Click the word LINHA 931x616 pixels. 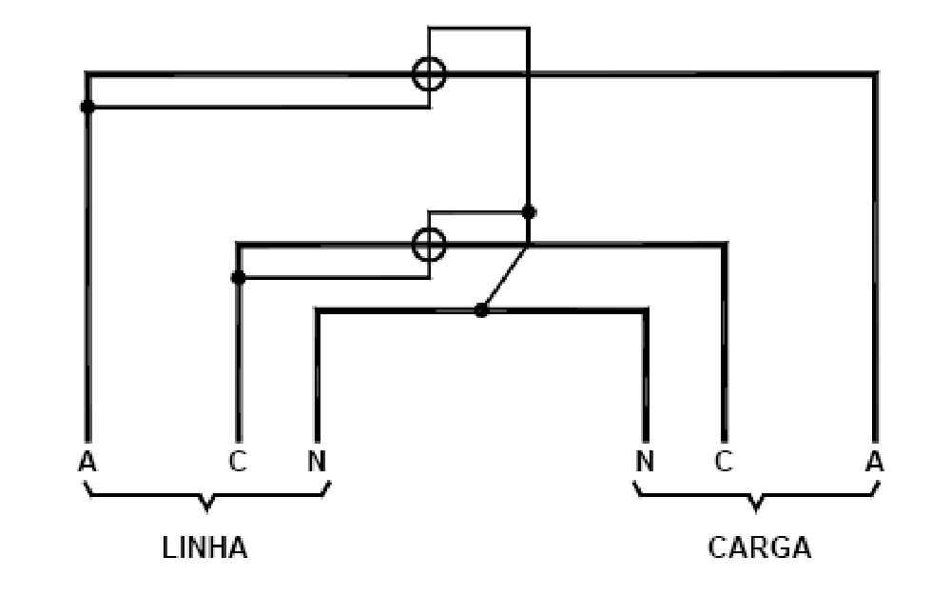pyautogui.click(x=204, y=547)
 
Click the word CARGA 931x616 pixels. pyautogui.click(x=760, y=547)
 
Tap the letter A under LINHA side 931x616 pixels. pyautogui.click(x=87, y=462)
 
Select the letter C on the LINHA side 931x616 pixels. pyautogui.click(x=238, y=462)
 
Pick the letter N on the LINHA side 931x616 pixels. pyautogui.click(x=317, y=462)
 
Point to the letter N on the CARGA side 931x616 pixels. pyautogui.click(x=645, y=462)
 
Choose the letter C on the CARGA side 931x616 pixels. pyautogui.click(x=723, y=462)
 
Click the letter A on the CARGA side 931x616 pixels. pyautogui.click(x=875, y=462)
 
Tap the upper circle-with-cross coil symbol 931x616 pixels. pyautogui.click(x=429, y=58)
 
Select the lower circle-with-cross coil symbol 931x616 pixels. pyautogui.click(x=429, y=229)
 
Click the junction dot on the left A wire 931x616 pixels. pyautogui.click(x=87, y=107)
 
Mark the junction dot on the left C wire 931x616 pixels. pyautogui.click(x=238, y=277)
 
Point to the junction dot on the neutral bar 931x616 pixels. pyautogui.click(x=481, y=309)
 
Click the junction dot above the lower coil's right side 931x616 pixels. pyautogui.click(x=529, y=211)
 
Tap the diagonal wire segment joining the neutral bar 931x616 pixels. pyautogui.click(x=504, y=276)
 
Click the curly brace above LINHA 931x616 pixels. pyautogui.click(x=206, y=495)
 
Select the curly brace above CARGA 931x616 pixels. pyautogui.click(x=756, y=495)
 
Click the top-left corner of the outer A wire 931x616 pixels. pyautogui.click(x=87, y=73)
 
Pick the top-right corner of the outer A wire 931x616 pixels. pyautogui.click(x=875, y=73)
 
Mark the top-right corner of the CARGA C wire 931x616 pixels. pyautogui.click(x=725, y=244)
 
